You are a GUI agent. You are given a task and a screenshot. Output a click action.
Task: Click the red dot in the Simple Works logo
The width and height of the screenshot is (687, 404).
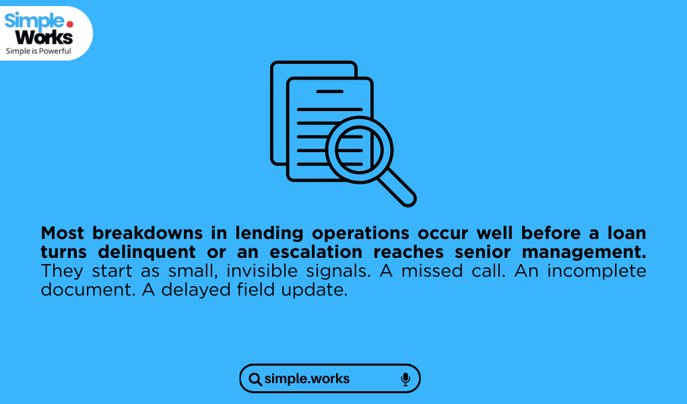(x=69, y=24)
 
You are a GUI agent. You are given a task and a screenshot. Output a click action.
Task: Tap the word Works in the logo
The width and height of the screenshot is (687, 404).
(x=44, y=37)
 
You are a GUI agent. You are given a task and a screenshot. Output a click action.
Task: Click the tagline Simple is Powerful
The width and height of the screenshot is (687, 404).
(x=38, y=51)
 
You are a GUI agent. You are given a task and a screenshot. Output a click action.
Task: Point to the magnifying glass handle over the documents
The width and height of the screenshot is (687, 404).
(x=397, y=188)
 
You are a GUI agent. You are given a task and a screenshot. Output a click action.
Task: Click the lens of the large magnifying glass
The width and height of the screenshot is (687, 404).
(x=359, y=150)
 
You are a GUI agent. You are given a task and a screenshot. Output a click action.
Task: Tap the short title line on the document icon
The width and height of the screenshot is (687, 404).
(x=329, y=92)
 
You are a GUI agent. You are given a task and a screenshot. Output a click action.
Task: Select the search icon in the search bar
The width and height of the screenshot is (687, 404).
(x=255, y=379)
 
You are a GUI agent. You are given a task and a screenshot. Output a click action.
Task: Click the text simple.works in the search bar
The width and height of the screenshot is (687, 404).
(x=307, y=378)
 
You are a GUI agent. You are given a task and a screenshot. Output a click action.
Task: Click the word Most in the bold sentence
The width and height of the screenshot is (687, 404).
(x=62, y=233)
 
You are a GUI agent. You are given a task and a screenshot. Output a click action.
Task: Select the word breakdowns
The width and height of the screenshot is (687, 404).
(x=148, y=233)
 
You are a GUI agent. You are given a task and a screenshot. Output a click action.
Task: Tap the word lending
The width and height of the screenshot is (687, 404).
(x=269, y=234)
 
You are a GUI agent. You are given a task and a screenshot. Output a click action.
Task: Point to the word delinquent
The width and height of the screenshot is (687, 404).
(x=147, y=252)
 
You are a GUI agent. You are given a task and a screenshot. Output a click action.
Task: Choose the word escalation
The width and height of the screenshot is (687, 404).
(x=316, y=252)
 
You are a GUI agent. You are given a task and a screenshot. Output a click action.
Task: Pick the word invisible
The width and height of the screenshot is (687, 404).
(x=262, y=271)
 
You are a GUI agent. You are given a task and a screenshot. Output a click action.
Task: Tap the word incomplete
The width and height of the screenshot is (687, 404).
(x=597, y=271)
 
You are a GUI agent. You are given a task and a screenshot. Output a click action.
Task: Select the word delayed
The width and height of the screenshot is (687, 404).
(x=196, y=290)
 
